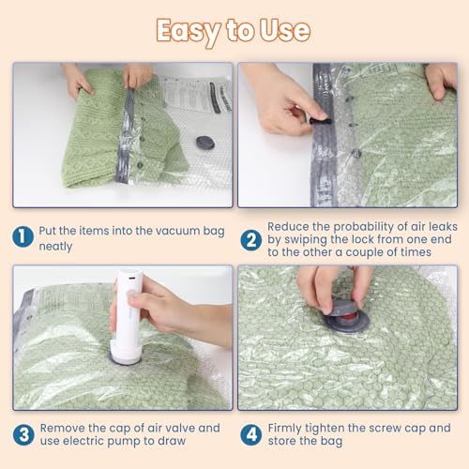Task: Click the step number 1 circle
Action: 23,236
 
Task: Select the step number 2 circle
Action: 250,240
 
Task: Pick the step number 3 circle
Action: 23,434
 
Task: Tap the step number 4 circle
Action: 251,434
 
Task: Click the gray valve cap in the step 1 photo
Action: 205,143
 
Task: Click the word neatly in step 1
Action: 55,247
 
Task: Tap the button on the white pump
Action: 131,294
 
